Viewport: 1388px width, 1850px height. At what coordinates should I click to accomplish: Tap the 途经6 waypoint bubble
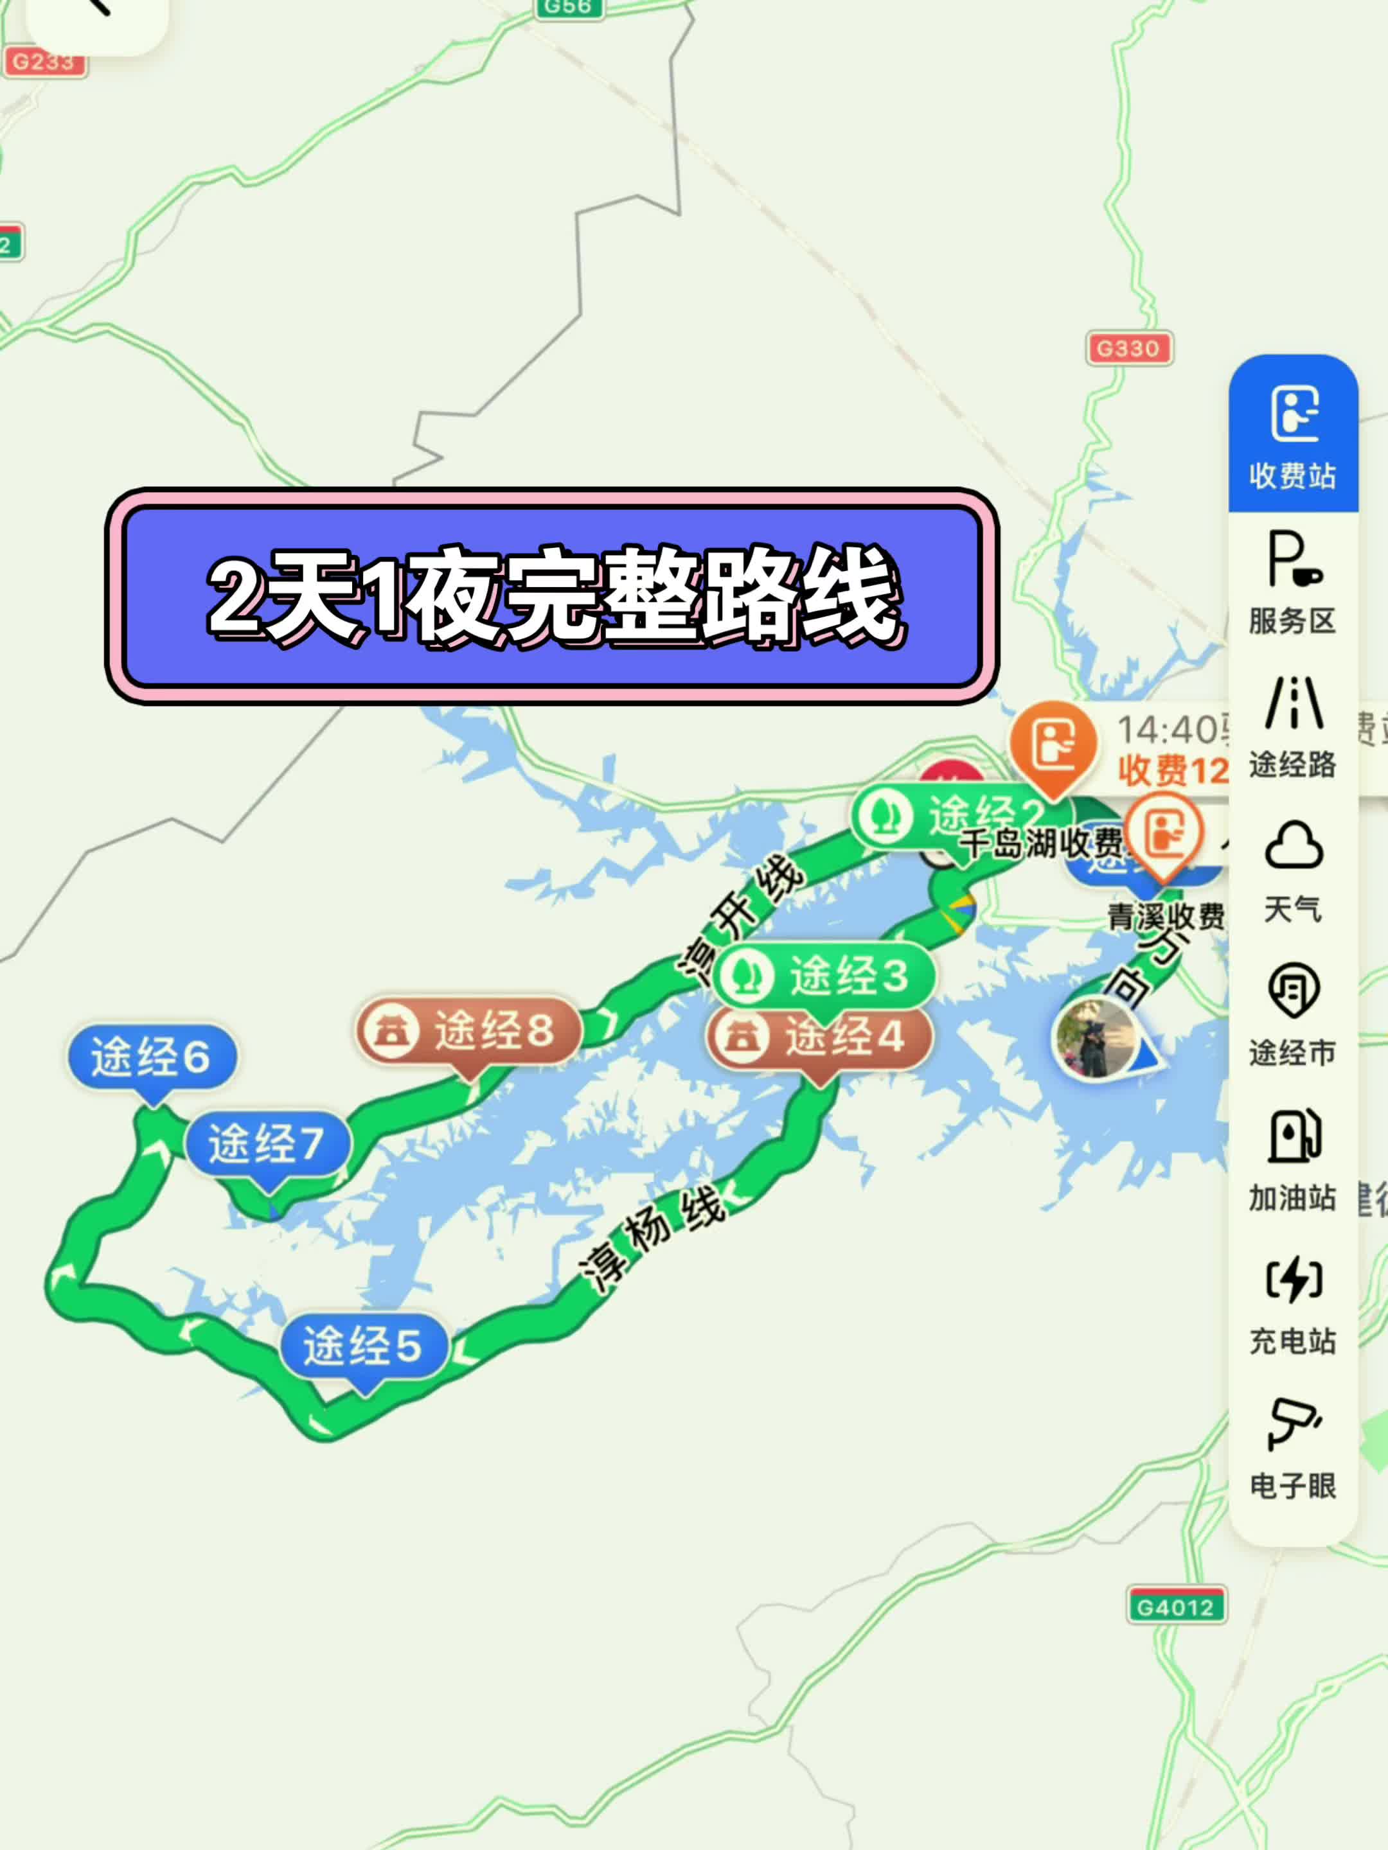click(x=152, y=1058)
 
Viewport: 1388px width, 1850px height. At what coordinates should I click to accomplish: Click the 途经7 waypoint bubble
click(x=267, y=1143)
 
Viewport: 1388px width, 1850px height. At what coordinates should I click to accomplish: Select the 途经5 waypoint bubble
click(x=363, y=1346)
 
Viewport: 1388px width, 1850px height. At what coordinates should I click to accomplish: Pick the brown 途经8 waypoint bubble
click(x=469, y=1030)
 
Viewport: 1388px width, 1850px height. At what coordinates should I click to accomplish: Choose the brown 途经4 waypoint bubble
click(x=820, y=1037)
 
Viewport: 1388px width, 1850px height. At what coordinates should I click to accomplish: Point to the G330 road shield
click(x=1128, y=349)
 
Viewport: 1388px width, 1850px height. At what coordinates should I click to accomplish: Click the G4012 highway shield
click(x=1175, y=1607)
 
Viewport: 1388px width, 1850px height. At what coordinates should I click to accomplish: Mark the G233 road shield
click(x=44, y=62)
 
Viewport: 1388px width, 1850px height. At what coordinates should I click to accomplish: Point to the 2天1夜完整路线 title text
click(x=552, y=595)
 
